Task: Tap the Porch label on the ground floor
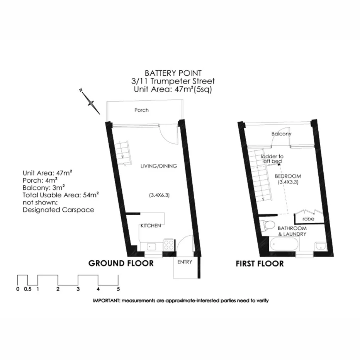[141, 110]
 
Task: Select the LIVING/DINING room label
[158, 166]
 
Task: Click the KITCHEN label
[150, 226]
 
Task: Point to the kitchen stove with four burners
[169, 245]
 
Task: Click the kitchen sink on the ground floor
[150, 245]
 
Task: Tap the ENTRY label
[184, 262]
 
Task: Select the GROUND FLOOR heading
[121, 264]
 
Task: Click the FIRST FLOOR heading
[260, 264]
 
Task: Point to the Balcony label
[281, 134]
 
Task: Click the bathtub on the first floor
[284, 245]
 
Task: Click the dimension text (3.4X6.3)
[159, 195]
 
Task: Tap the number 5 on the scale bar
[119, 289]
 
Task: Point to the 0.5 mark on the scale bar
[27, 289]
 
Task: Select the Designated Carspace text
[58, 210]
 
